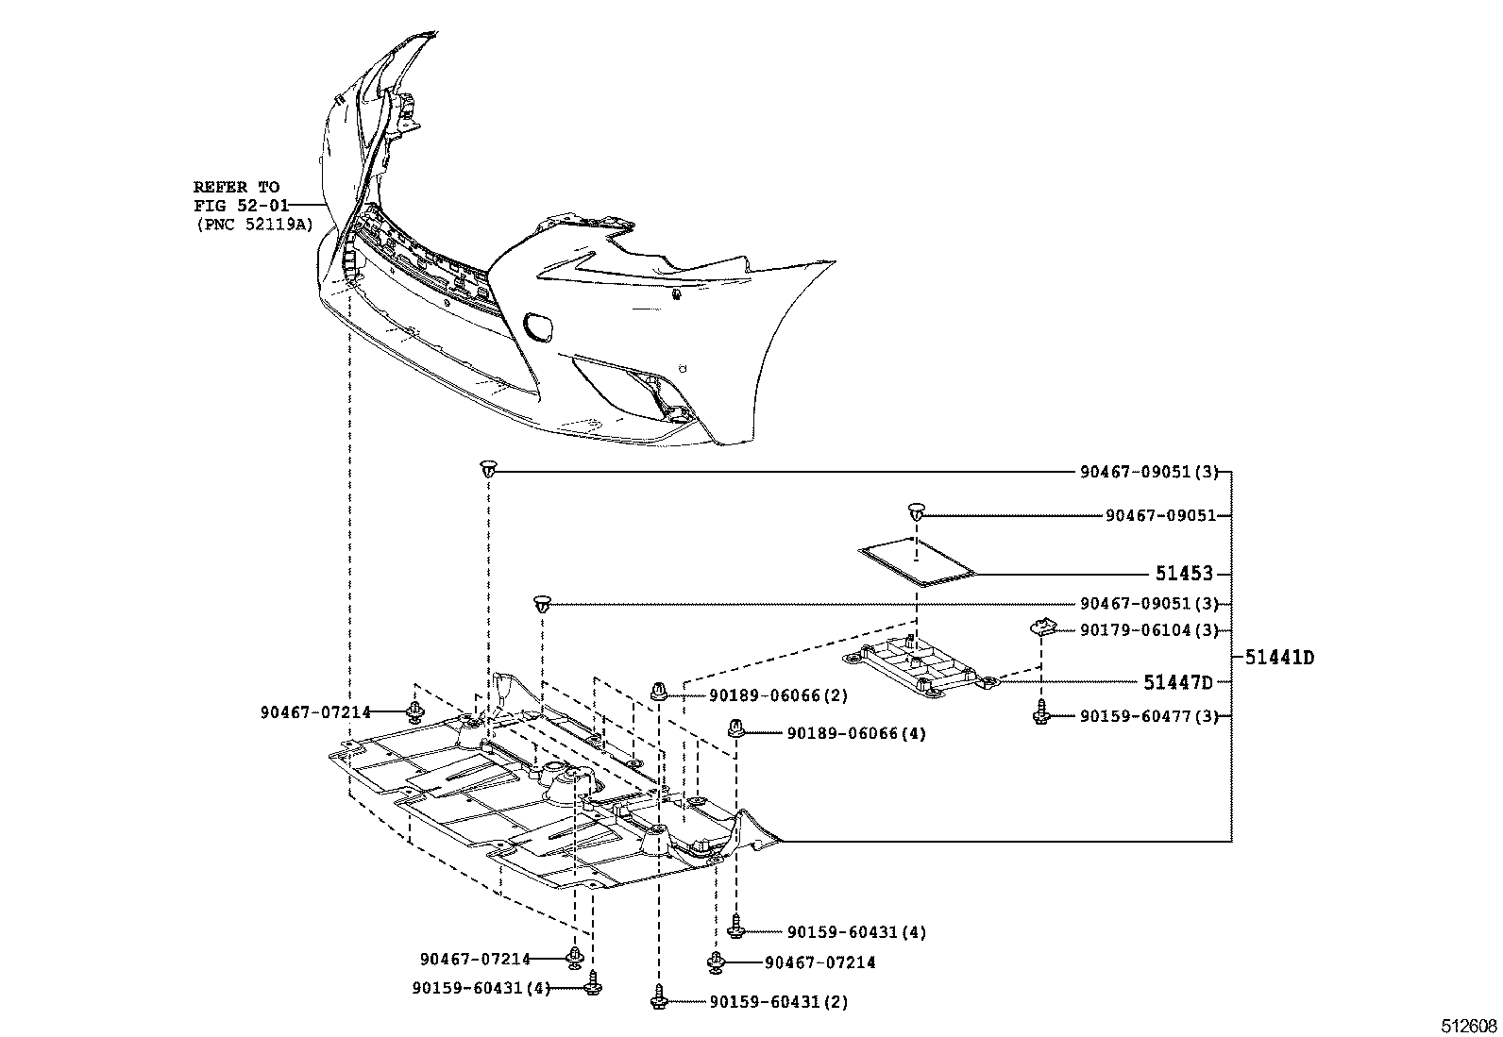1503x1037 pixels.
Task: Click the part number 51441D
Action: (1279, 658)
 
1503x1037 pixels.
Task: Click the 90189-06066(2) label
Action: (778, 695)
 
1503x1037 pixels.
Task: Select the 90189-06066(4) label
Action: (855, 733)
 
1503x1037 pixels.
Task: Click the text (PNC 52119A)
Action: (254, 224)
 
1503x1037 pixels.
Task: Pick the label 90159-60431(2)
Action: (778, 1002)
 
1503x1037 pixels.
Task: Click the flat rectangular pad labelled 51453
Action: (914, 562)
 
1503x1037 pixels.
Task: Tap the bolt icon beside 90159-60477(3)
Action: (1041, 714)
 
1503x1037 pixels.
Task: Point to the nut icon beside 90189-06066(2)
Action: (660, 693)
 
